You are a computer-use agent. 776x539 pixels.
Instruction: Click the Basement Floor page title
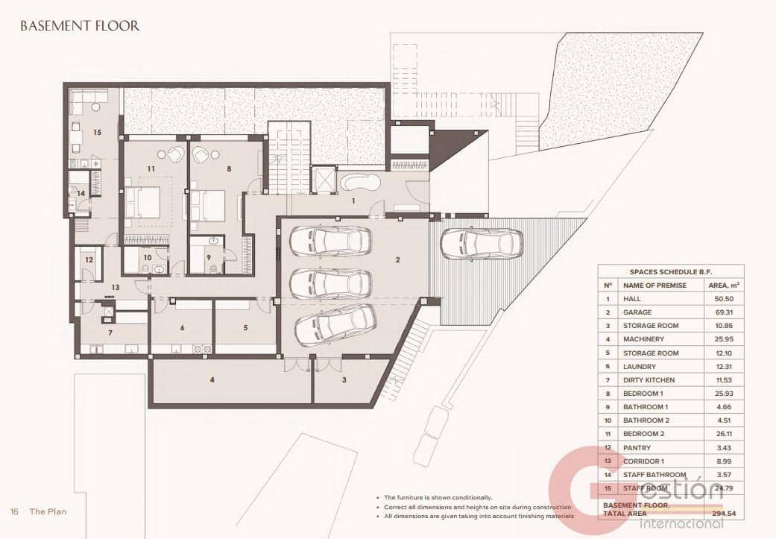(x=80, y=26)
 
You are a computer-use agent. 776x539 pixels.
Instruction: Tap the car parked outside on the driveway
(x=481, y=243)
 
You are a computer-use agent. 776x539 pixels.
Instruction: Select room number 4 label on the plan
(x=212, y=380)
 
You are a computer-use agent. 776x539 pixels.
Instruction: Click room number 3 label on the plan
(x=344, y=380)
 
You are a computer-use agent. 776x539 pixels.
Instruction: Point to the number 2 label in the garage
(x=398, y=260)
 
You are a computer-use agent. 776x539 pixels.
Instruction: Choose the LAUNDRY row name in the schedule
(x=640, y=367)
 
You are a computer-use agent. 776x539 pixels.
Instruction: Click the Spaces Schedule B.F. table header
(x=670, y=272)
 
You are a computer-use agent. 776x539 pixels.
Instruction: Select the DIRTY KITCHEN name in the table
(x=649, y=380)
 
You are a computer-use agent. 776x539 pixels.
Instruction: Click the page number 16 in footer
(x=14, y=512)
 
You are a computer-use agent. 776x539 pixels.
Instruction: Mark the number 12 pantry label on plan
(x=89, y=260)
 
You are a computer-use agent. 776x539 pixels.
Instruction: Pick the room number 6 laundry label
(x=182, y=327)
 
